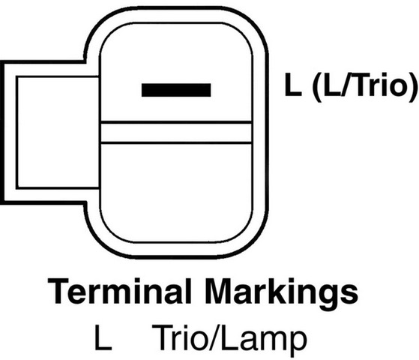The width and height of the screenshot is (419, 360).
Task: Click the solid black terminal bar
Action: click(176, 90)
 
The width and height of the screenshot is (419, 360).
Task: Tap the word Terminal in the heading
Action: click(119, 291)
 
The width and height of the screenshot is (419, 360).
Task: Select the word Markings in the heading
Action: click(282, 294)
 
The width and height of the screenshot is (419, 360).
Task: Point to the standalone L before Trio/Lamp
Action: click(103, 337)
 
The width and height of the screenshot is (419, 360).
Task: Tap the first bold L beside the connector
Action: click(293, 85)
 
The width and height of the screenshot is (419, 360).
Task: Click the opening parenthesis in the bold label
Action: click(318, 87)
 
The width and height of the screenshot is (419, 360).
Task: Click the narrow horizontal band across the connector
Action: click(176, 133)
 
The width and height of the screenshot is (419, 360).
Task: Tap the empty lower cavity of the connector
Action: click(176, 193)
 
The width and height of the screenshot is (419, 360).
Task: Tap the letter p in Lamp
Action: click(297, 344)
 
